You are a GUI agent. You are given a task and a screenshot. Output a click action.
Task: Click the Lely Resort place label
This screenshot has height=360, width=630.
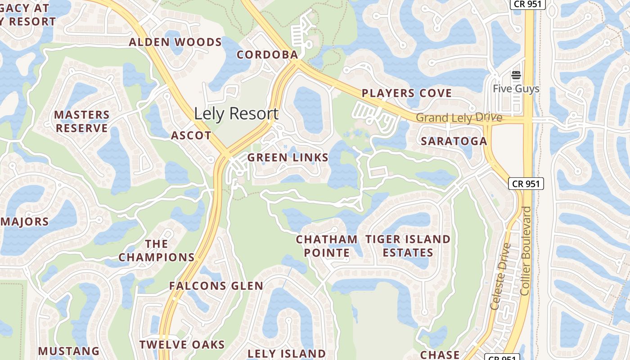pos(236,113)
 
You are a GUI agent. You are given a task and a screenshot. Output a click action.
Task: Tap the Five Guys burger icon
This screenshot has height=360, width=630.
pos(516,75)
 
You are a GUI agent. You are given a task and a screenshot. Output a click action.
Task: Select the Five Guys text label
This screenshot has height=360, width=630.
pos(516,89)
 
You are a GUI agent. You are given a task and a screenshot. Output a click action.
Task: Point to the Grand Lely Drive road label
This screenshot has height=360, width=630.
pos(459,118)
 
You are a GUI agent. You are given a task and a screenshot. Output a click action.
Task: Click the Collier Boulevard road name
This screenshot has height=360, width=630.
pos(526,251)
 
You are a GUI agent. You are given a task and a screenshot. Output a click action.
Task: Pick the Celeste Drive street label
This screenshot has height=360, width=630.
pos(500,276)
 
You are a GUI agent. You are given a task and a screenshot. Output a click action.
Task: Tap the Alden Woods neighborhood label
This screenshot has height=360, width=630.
pos(175,43)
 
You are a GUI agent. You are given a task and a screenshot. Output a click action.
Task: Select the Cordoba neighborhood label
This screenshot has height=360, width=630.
pos(267,55)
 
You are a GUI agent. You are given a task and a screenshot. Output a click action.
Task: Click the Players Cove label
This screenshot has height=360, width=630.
pos(407,93)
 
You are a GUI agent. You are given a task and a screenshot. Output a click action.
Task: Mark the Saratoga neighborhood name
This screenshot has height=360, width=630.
pos(454,141)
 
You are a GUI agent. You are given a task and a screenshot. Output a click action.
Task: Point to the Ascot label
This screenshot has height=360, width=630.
pos(191,135)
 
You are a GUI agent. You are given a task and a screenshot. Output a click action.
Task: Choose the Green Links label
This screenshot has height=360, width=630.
pos(288,157)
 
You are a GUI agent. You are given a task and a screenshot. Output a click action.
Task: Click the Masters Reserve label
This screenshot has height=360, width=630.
pos(82,121)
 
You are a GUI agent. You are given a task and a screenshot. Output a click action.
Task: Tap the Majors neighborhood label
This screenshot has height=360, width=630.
pos(25,221)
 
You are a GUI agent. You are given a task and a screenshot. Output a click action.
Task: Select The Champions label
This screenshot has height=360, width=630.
pos(156,251)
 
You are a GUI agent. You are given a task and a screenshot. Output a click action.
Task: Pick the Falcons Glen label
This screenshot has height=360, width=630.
pos(216,286)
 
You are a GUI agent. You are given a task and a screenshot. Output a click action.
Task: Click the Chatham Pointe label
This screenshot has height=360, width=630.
pos(327,246)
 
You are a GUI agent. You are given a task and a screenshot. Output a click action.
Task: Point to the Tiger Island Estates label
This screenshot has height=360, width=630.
pos(408,246)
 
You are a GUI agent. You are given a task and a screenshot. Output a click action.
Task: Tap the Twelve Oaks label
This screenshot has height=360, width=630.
pos(182,345)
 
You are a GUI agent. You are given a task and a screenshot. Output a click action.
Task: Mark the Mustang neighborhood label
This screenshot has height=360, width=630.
pos(69,351)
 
